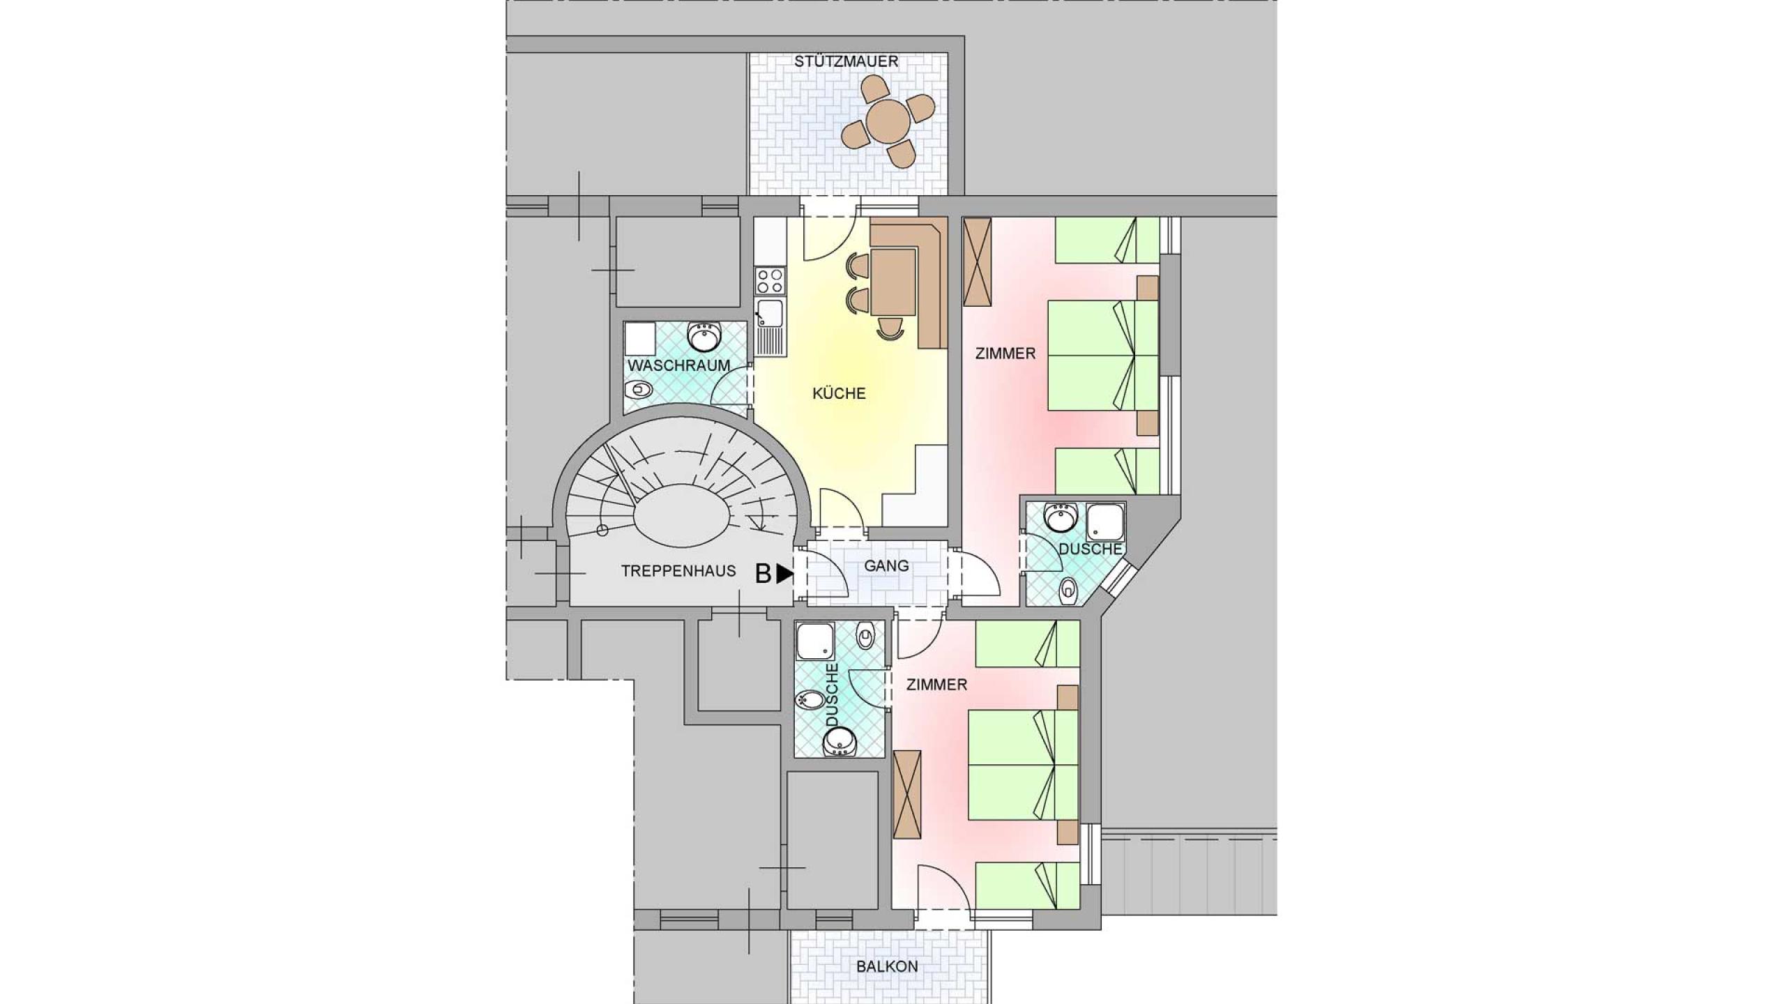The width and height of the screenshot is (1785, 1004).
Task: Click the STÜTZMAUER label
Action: click(x=846, y=61)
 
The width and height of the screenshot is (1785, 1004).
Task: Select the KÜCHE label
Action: click(x=839, y=393)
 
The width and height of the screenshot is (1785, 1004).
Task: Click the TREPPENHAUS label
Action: click(x=678, y=571)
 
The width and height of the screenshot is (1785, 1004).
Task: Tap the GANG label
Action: click(x=886, y=565)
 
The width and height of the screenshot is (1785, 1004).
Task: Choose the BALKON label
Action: click(x=887, y=966)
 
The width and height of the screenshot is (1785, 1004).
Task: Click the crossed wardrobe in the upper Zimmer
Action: click(x=977, y=261)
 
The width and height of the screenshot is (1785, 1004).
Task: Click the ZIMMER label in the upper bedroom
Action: click(x=1005, y=353)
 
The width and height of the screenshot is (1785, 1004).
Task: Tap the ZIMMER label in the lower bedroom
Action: click(x=936, y=685)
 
